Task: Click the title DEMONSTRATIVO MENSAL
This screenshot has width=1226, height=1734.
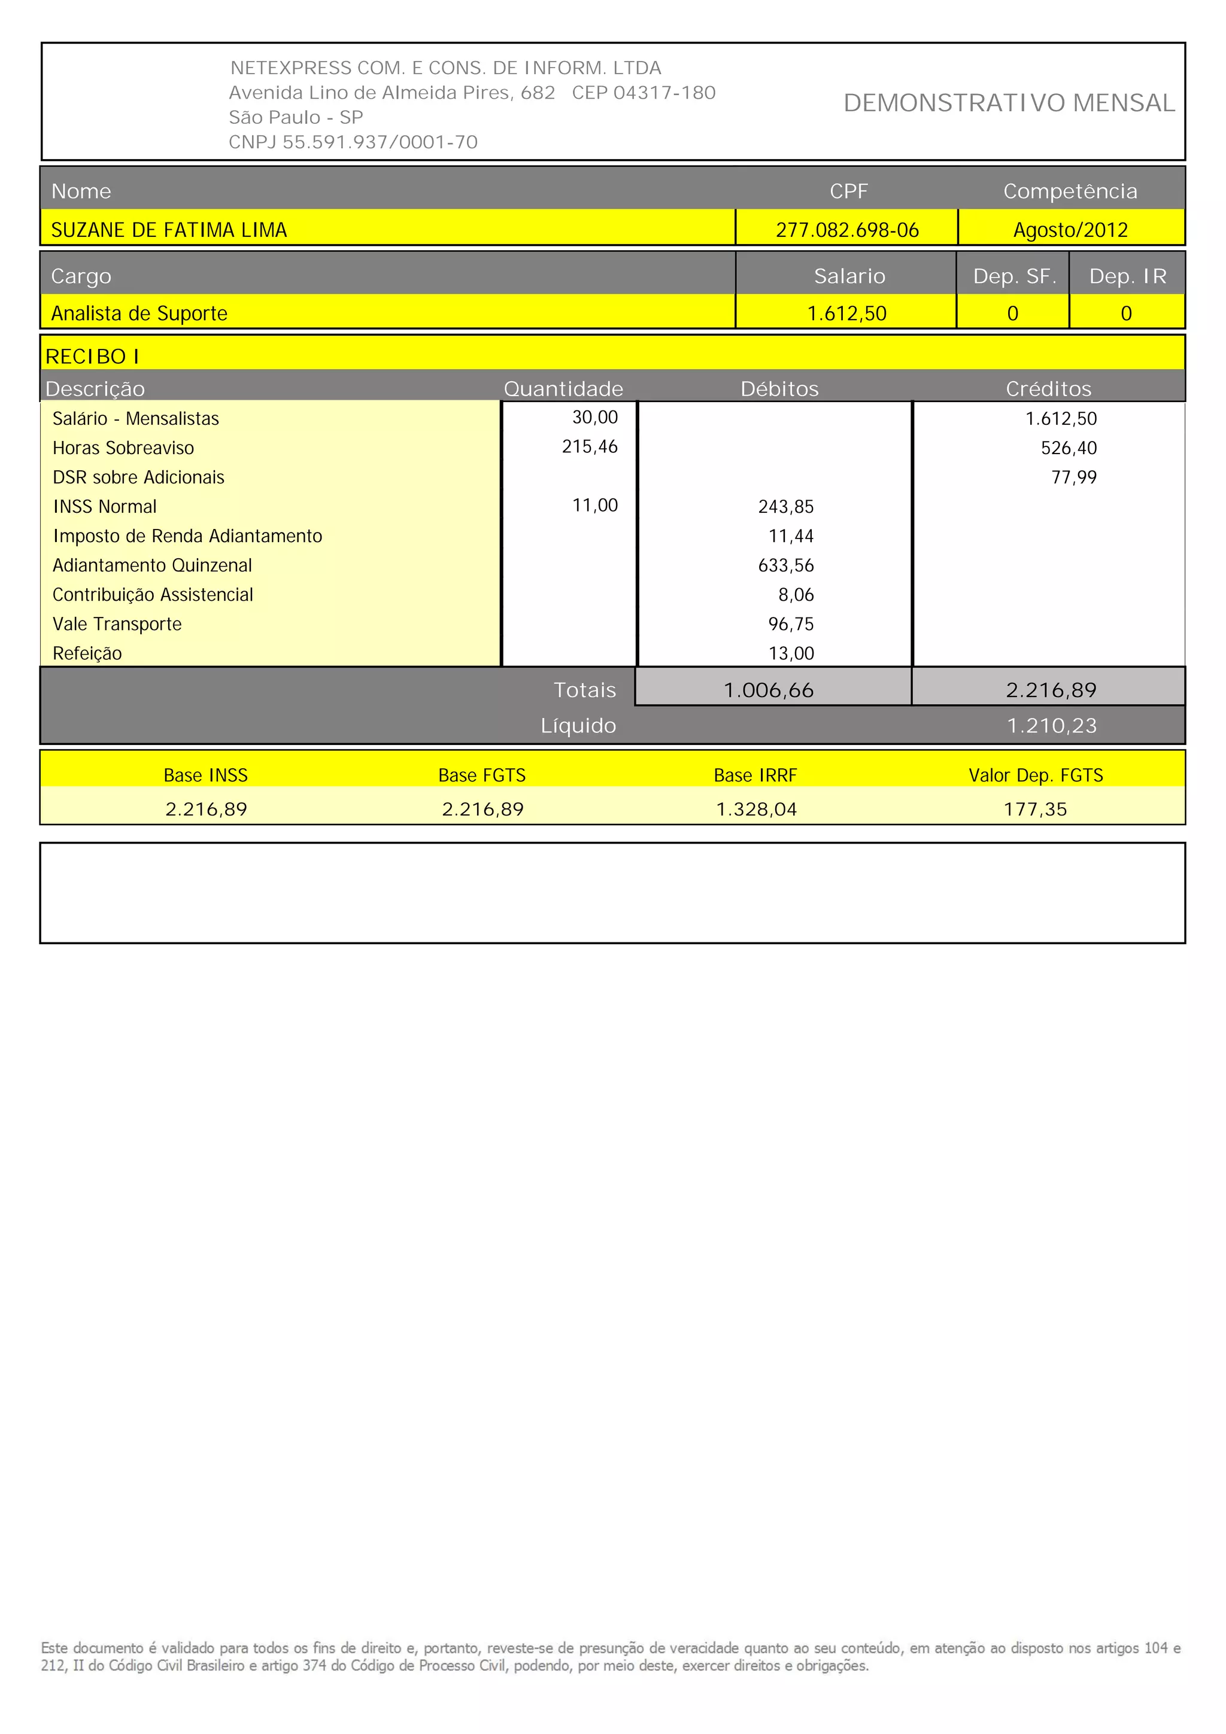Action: [x=1009, y=103]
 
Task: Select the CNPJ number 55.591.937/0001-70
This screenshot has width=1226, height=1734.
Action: [x=380, y=142]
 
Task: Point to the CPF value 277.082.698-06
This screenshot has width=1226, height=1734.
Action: [x=847, y=230]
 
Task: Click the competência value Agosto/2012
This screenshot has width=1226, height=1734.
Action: [x=1070, y=230]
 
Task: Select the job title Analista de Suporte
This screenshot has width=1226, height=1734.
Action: [x=139, y=314]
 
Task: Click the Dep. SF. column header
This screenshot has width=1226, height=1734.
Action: [x=1013, y=276]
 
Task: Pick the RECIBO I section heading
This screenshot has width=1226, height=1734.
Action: [x=92, y=357]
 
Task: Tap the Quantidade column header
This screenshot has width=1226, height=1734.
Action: [x=563, y=389]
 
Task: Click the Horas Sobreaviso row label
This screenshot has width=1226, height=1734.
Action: [x=123, y=448]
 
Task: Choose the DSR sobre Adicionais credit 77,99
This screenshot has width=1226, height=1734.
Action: [x=1073, y=477]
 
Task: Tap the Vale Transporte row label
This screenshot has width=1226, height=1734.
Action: [x=117, y=624]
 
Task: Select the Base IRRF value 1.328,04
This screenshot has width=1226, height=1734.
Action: [x=756, y=810]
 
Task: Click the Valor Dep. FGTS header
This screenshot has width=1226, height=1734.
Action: [x=1036, y=775]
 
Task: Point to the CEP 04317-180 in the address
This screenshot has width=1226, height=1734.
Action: [x=644, y=93]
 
